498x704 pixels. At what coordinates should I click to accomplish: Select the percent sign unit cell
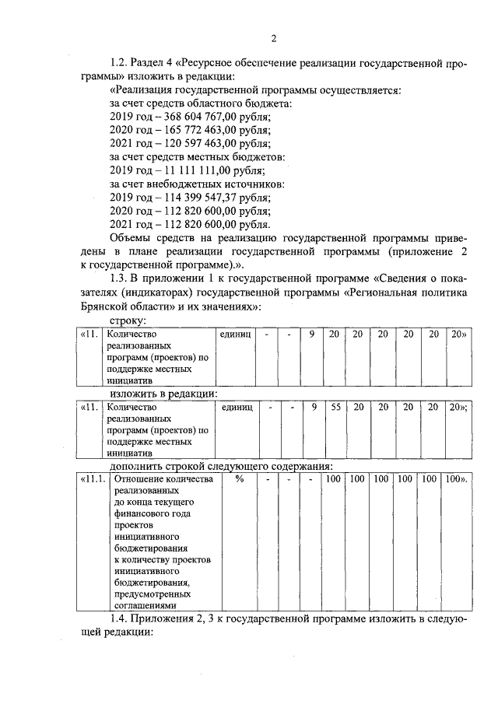[240, 479]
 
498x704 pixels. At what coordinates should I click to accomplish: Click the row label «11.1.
[92, 479]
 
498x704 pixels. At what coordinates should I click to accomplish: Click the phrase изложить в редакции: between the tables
[163, 394]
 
